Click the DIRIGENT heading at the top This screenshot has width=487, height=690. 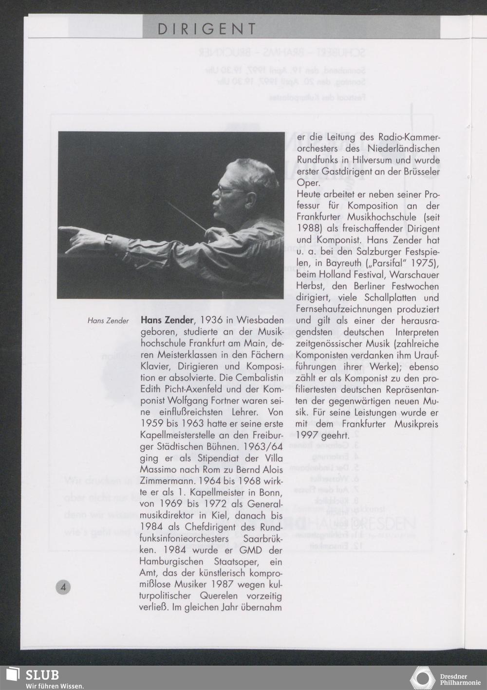click(206, 29)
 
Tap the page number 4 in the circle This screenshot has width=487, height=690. click(63, 587)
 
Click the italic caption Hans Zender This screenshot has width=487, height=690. click(108, 321)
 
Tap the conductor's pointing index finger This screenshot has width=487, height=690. click(68, 228)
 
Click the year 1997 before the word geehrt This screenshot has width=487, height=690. click(308, 435)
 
